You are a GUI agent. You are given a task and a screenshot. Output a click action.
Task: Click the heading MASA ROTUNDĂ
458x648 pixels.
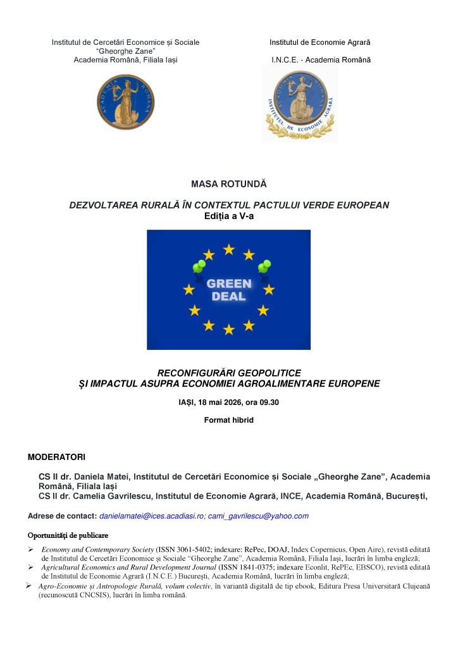coord(229,184)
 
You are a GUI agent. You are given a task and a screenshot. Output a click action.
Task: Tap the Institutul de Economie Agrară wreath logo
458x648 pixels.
coord(300,104)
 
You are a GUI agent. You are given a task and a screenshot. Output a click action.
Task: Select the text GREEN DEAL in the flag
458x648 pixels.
coord(229,290)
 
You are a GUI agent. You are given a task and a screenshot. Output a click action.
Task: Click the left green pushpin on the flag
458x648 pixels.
coord(199,266)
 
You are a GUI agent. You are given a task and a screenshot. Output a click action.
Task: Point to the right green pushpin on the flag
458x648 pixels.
coord(264,266)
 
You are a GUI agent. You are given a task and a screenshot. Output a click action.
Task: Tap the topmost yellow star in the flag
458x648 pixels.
coord(229,249)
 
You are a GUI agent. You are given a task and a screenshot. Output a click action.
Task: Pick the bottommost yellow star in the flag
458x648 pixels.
coord(229,329)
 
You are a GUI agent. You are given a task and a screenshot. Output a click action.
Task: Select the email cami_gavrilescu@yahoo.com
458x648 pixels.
coord(258,516)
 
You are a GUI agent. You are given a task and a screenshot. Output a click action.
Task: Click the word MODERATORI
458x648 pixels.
coord(56,457)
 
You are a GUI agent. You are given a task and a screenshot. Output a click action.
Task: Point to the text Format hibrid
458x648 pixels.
coord(228,420)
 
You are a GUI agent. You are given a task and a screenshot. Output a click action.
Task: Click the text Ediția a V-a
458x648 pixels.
coord(228,216)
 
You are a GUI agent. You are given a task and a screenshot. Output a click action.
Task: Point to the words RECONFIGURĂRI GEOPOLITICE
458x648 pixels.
coord(228,373)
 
